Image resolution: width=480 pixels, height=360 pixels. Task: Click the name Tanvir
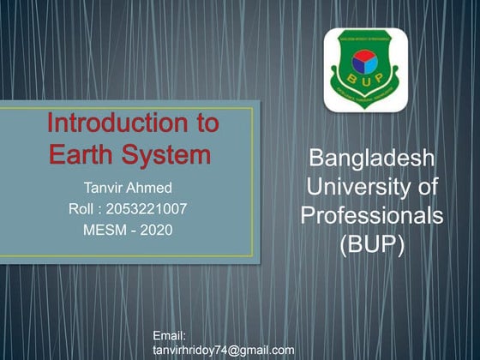(x=104, y=186)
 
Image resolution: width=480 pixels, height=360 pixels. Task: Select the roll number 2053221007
(x=147, y=207)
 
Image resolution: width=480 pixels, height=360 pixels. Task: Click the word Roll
(x=83, y=207)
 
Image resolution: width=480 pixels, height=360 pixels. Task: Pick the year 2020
(x=156, y=229)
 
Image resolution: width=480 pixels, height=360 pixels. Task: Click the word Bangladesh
(x=371, y=159)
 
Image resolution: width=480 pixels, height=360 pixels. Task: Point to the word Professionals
(x=371, y=215)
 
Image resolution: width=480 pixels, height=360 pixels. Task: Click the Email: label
(x=170, y=336)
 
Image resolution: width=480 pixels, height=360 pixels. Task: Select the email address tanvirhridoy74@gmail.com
(x=223, y=350)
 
